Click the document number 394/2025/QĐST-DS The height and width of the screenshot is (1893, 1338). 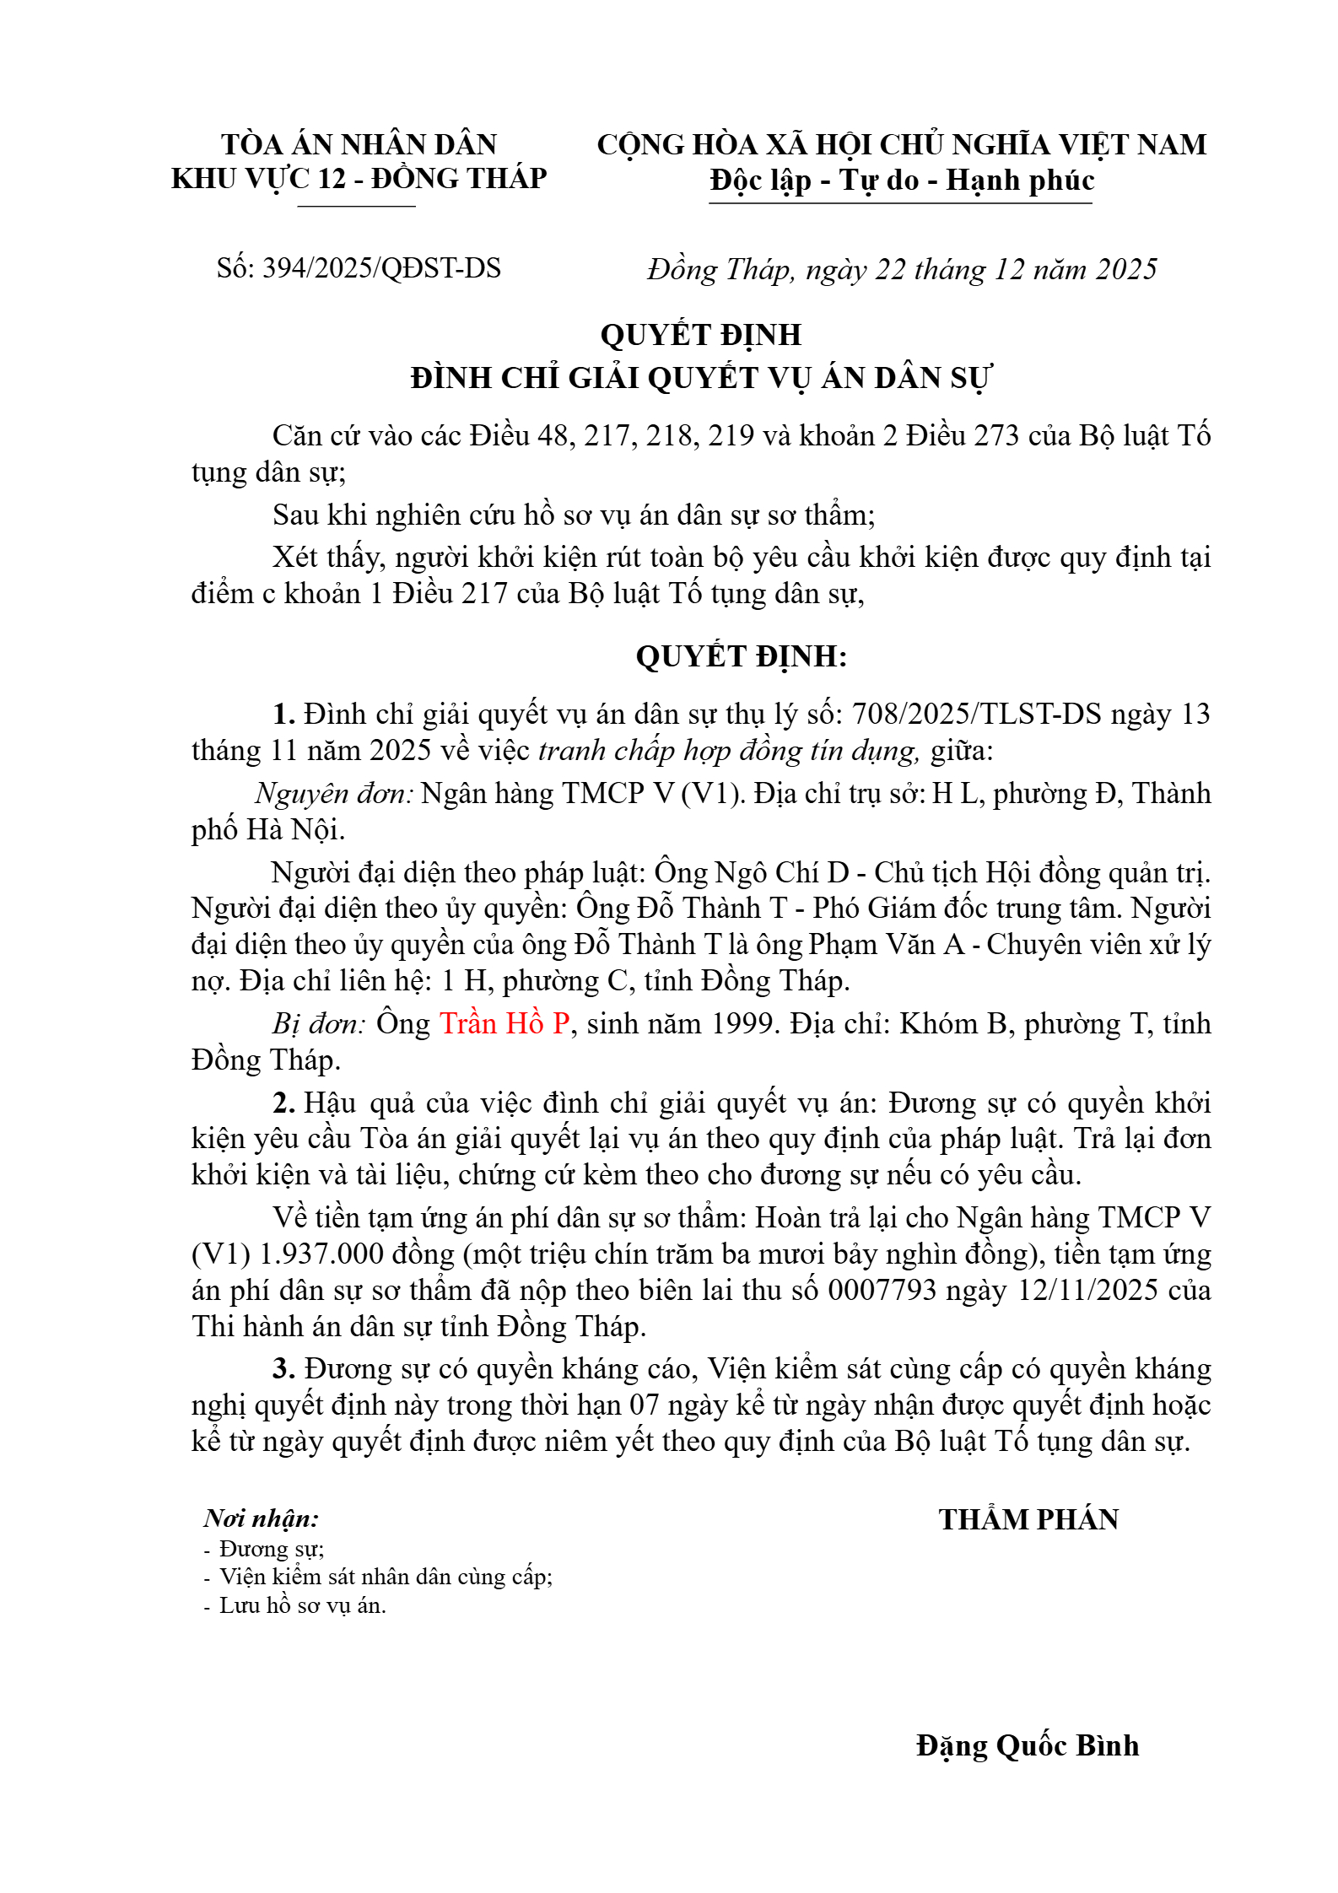click(381, 268)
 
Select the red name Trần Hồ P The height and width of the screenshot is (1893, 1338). click(504, 1023)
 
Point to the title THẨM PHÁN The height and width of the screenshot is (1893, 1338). click(1028, 1518)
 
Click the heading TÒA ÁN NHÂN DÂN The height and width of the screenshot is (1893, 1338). click(359, 144)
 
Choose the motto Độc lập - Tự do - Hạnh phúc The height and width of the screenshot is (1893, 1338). click(901, 181)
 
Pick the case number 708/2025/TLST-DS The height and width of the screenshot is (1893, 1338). click(976, 714)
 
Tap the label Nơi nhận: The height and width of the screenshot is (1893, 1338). click(262, 1518)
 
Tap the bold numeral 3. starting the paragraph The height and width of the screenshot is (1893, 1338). click(283, 1368)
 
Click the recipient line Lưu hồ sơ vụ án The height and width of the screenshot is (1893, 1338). click(302, 1604)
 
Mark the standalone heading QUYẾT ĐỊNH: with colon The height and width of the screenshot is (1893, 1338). click(742, 655)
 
